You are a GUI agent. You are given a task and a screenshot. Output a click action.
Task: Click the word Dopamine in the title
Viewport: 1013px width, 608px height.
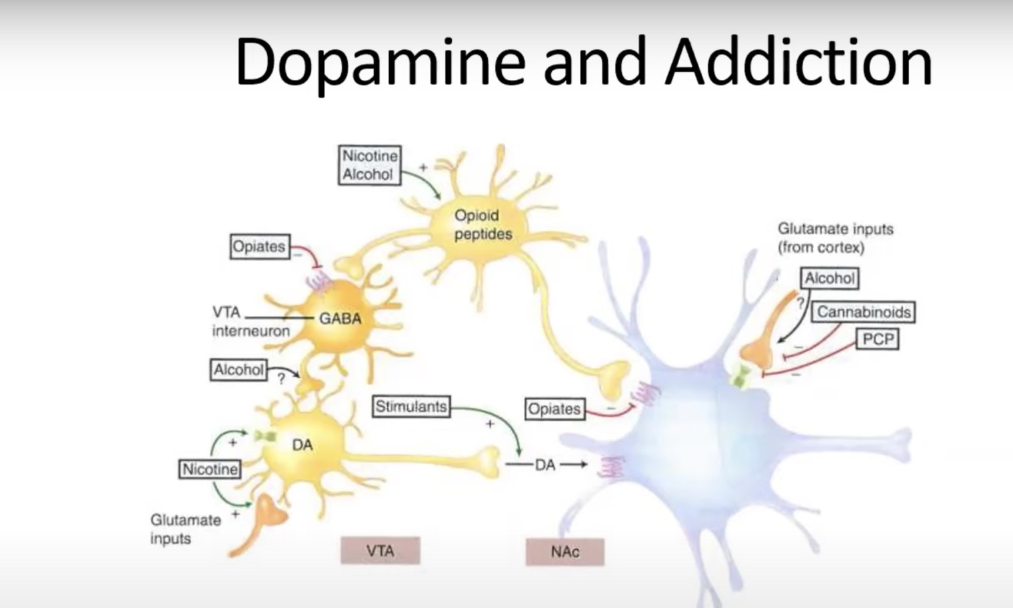381,63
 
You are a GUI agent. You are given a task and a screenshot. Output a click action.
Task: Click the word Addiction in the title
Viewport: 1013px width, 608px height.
799,61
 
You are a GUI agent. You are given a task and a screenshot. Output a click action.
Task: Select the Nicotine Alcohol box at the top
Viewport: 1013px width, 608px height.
369,165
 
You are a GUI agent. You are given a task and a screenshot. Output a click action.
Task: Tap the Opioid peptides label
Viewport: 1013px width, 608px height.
483,225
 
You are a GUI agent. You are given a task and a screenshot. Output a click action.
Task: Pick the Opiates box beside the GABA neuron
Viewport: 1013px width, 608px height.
260,247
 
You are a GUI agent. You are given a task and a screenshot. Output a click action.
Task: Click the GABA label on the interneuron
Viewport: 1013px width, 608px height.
341,319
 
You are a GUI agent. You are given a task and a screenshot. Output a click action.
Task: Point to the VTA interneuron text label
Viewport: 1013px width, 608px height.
251,321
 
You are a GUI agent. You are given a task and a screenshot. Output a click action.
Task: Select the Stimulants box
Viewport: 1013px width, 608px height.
411,407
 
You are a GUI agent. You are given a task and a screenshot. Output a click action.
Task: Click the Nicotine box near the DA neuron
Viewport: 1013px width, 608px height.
210,469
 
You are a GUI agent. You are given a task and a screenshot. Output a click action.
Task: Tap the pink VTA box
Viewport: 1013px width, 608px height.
381,551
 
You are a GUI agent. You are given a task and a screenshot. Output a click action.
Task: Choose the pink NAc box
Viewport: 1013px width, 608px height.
565,552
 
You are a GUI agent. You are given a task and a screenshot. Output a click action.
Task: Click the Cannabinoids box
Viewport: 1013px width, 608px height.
863,312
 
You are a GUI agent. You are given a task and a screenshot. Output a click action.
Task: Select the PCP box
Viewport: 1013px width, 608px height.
878,339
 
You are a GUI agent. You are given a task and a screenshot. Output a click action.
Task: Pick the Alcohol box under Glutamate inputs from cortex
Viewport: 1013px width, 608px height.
830,278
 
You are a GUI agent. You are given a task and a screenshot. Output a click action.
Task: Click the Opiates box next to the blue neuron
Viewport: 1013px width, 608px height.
554,409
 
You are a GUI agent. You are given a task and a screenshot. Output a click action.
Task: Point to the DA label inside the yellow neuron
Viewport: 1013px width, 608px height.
303,445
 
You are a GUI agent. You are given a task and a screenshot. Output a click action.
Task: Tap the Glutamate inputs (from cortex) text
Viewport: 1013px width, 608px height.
835,239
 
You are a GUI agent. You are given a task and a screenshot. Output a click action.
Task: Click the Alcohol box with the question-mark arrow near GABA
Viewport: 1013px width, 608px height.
239,370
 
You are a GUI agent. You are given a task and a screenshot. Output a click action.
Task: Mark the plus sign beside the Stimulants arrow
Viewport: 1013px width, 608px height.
490,424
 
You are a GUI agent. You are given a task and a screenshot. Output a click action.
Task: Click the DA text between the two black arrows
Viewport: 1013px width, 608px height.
545,465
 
